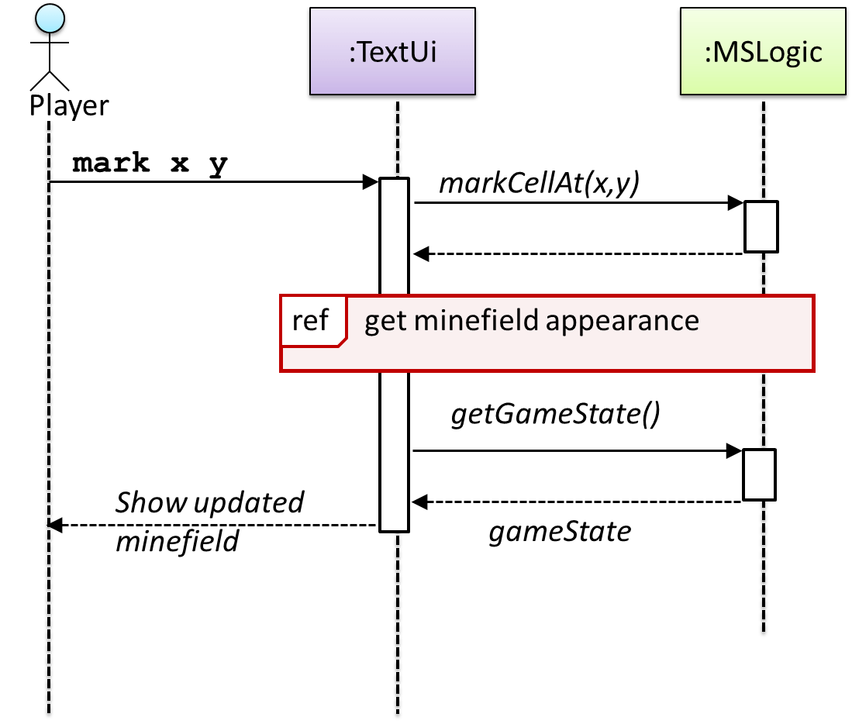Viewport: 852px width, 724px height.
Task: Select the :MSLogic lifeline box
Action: coord(762,53)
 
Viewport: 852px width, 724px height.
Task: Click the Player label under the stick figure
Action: coord(69,104)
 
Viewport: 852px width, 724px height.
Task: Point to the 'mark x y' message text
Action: coord(150,164)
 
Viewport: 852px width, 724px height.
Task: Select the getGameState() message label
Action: coord(555,415)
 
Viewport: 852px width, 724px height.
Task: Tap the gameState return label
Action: coord(559,532)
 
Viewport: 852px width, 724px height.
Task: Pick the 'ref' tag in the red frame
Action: coord(310,320)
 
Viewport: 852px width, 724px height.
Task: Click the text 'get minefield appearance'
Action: coord(531,320)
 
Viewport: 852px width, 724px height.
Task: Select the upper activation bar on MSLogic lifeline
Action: coord(761,226)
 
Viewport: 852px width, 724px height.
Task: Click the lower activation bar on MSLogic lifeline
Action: coord(759,474)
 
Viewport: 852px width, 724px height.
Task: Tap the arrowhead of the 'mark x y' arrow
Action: coord(370,182)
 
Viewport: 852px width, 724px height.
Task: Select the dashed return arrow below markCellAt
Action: coord(578,253)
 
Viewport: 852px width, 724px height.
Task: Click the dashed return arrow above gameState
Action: coord(578,502)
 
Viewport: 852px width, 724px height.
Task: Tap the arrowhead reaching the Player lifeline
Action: coord(54,526)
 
